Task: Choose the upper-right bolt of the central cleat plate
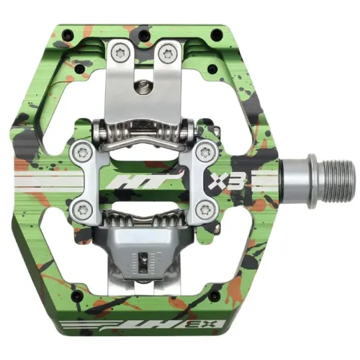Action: coord(210,151)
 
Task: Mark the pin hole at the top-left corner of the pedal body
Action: coord(67,32)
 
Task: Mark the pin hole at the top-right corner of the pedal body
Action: coord(216,32)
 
